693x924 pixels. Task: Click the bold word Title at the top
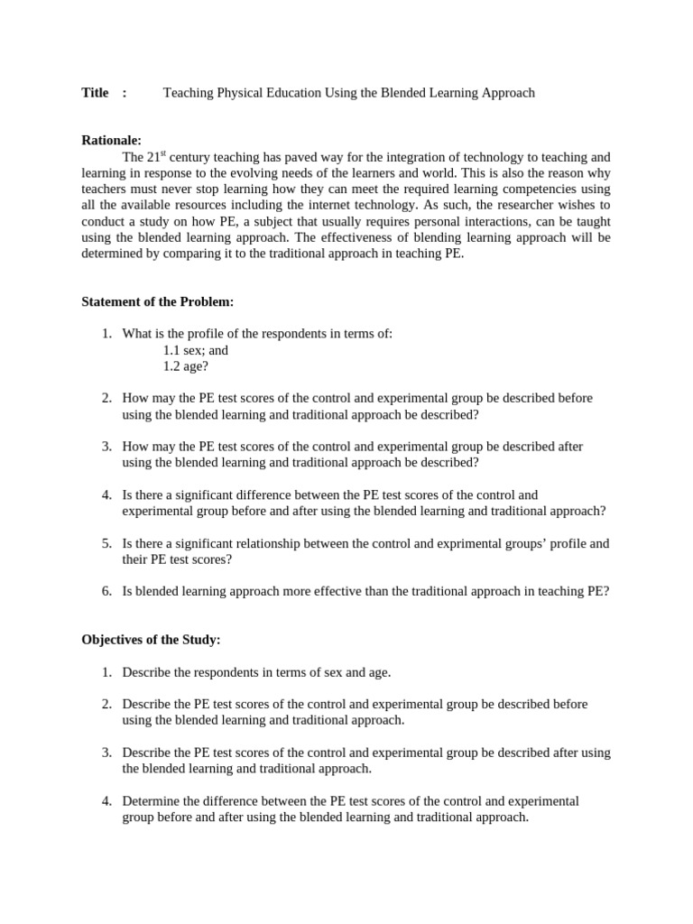95,93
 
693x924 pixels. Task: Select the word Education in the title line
291,93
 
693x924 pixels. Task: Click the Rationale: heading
112,140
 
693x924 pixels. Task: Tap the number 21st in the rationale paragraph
160,156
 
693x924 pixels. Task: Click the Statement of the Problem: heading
158,301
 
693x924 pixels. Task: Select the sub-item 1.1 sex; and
196,350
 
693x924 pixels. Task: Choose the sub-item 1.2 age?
186,366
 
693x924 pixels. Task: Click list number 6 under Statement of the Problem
106,591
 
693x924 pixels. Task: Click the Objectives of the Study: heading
151,640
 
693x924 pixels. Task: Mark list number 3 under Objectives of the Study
106,753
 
